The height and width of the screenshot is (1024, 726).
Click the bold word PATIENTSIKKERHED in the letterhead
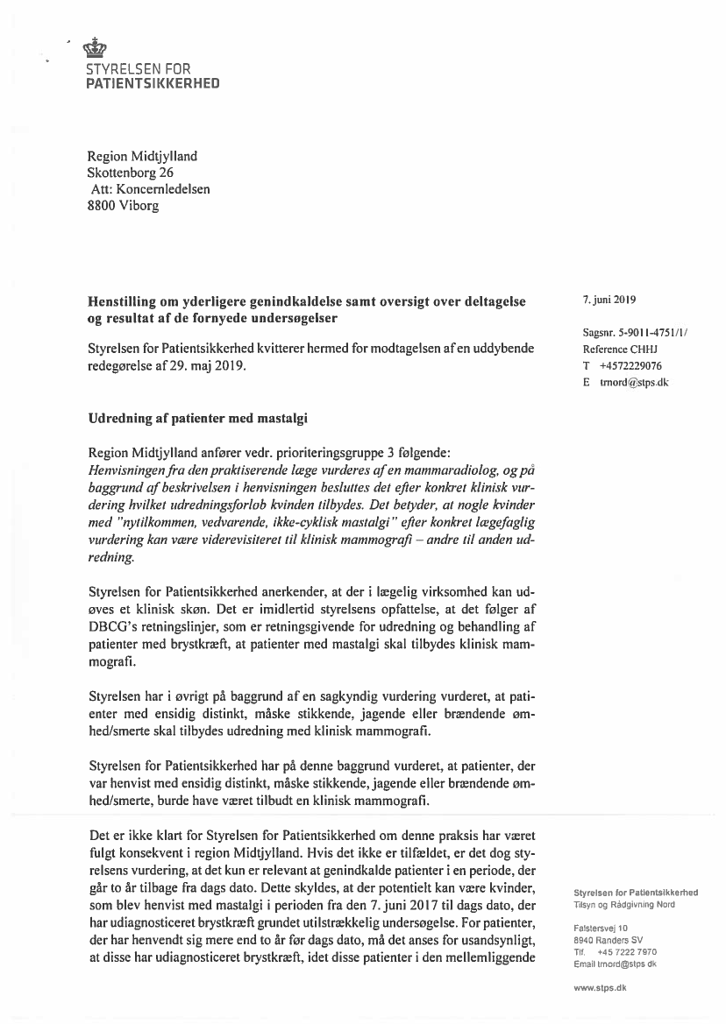[153, 83]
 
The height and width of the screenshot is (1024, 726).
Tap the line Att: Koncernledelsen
[150, 189]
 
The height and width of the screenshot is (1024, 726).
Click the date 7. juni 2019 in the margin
[609, 300]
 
